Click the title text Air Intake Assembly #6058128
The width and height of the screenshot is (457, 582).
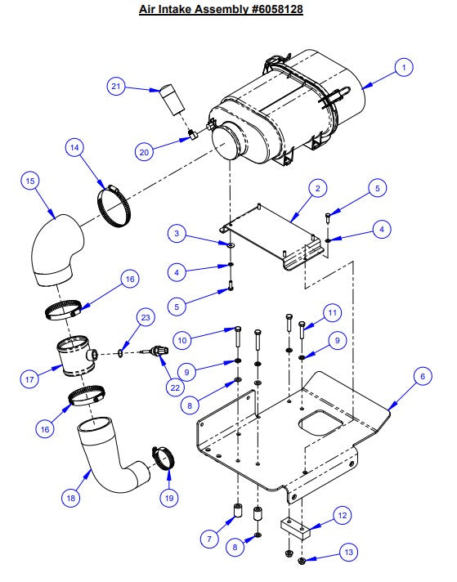coord(228,9)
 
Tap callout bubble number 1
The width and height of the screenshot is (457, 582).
coord(402,69)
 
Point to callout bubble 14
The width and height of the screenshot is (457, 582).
coord(75,148)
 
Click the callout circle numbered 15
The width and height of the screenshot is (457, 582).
coord(32,181)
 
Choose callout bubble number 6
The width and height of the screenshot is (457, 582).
coord(421,378)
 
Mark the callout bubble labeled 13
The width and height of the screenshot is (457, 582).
coord(348,553)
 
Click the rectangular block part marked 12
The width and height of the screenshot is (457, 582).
coord(295,528)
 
